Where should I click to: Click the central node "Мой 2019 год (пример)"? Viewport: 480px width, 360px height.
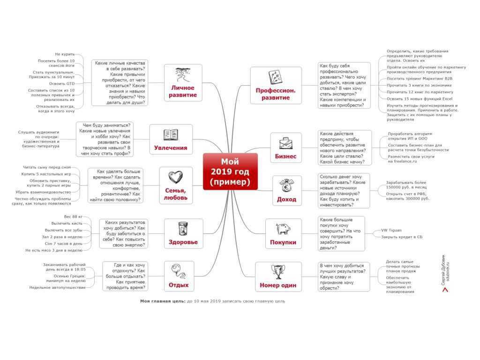click(230, 172)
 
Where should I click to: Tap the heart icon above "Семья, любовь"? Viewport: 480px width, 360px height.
click(175, 177)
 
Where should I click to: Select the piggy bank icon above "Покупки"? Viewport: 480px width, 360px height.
click(283, 228)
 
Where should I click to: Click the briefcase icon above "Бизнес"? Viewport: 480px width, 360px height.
click(285, 143)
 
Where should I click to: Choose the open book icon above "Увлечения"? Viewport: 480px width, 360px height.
click(171, 135)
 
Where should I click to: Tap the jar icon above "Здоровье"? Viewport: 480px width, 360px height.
click(183, 229)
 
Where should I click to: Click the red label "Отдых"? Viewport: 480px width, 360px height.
click(179, 285)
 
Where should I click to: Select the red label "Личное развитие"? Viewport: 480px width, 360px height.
click(183, 91)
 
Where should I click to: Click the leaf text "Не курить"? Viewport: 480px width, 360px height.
click(65, 54)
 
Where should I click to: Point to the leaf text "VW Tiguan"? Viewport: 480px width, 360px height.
click(391, 230)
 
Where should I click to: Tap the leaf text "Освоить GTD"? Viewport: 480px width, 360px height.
click(61, 83)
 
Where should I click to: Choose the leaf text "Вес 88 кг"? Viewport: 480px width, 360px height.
click(73, 217)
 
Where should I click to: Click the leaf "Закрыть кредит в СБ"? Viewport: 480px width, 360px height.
click(402, 237)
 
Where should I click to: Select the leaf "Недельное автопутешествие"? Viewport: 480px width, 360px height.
click(58, 288)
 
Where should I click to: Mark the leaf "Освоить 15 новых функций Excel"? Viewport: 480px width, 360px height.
click(420, 99)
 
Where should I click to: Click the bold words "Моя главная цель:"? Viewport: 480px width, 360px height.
click(163, 301)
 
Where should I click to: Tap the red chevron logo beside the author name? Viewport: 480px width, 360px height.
click(445, 289)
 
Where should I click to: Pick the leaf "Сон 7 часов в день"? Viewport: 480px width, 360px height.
click(63, 244)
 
